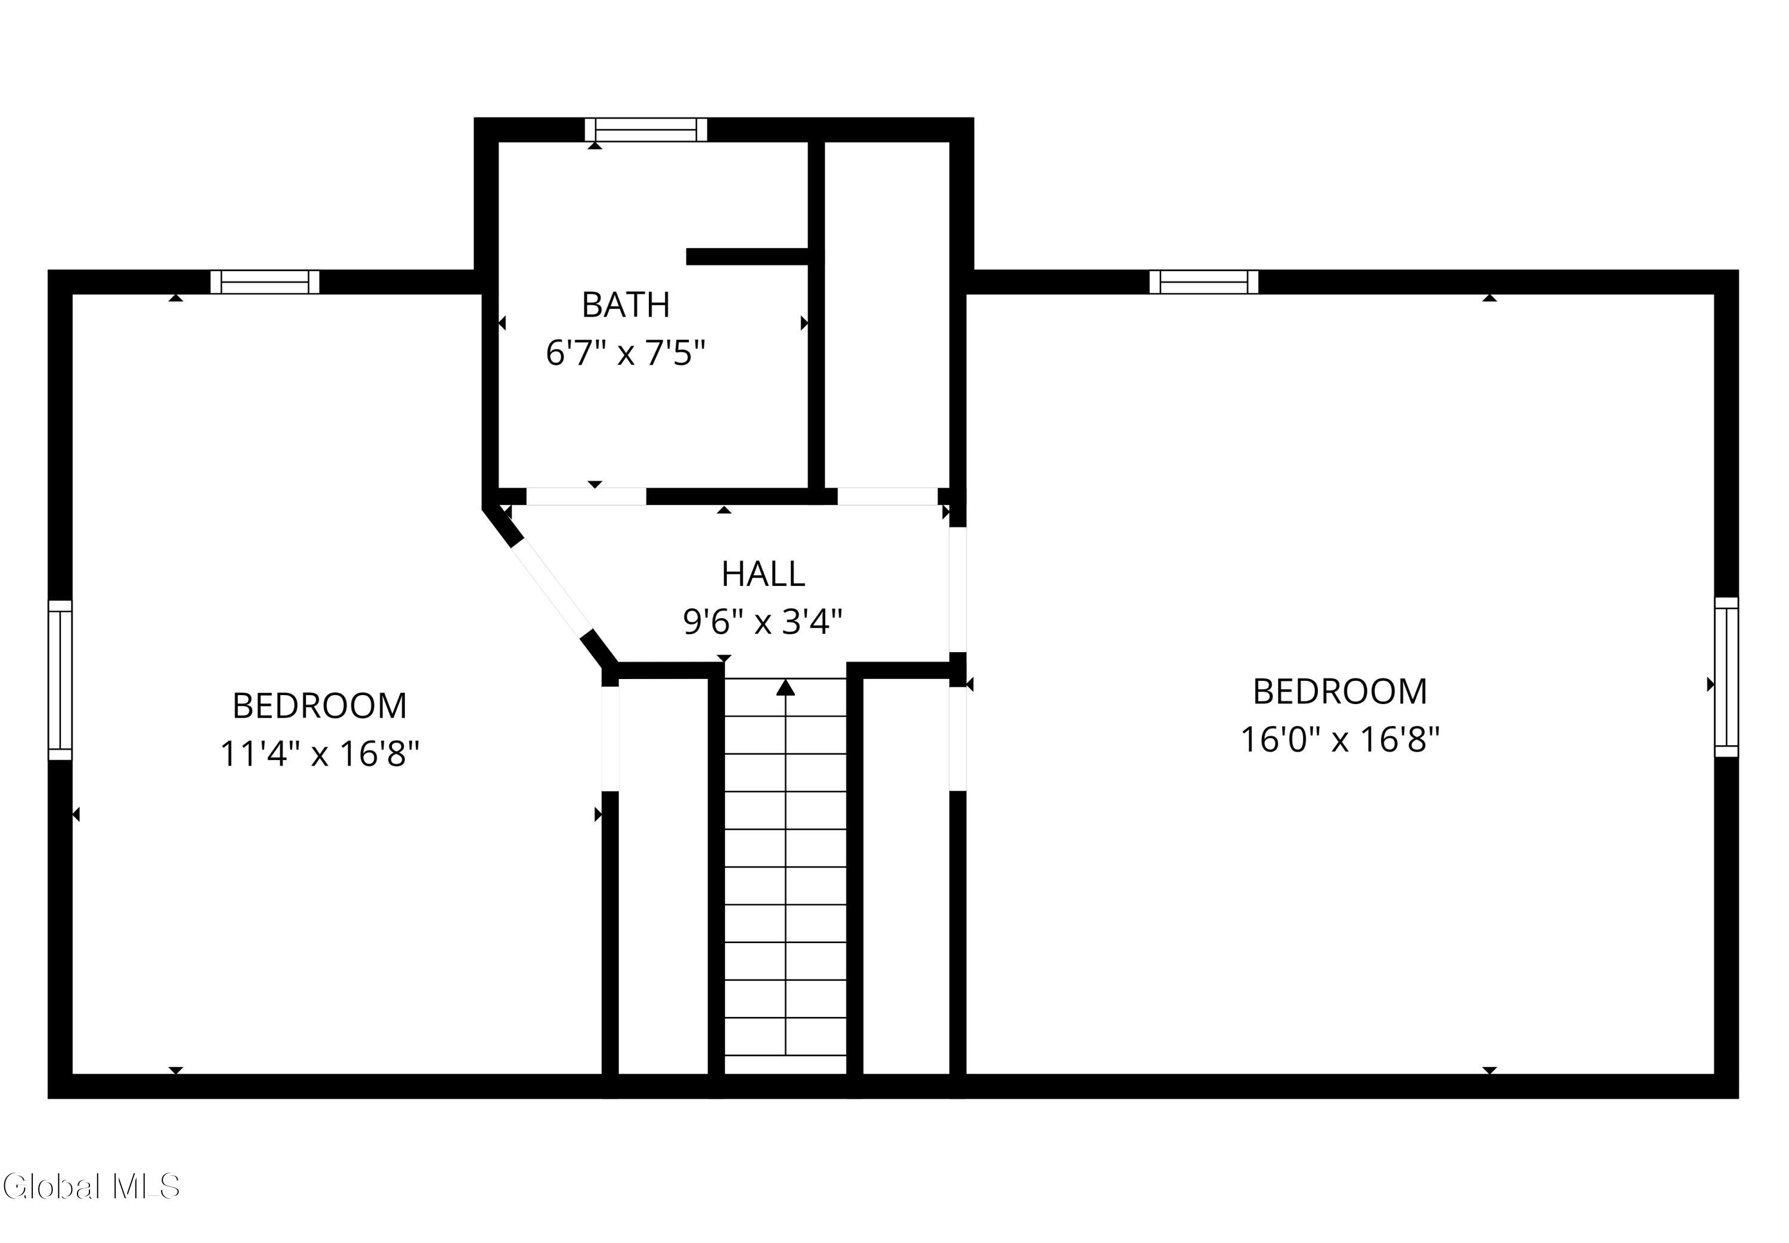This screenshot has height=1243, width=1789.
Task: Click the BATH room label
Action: (626, 305)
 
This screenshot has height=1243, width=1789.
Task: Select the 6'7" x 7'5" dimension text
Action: (626, 353)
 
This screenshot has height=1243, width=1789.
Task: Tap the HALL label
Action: (763, 574)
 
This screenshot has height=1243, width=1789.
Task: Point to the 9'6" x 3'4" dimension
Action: (763, 621)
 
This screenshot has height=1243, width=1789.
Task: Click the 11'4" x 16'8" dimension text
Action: (319, 753)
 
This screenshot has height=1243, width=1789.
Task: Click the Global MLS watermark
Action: (91, 1186)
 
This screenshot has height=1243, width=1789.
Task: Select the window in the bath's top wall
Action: (646, 129)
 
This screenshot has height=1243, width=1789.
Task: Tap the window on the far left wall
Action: (60, 679)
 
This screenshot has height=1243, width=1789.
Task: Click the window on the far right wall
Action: (1726, 677)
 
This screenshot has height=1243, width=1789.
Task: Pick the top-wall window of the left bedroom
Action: (265, 282)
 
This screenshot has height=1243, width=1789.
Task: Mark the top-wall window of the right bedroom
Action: (1203, 282)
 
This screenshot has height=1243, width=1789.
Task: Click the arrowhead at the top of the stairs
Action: (785, 687)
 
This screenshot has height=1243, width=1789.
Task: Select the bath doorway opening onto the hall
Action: (586, 496)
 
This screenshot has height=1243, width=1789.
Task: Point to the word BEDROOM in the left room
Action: (319, 706)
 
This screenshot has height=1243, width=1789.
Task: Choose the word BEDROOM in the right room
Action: (1339, 692)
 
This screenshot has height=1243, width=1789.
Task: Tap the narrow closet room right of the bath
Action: (886, 315)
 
